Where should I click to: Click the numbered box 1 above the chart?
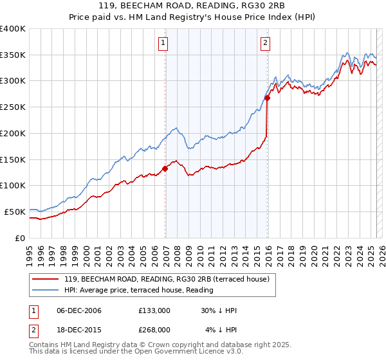(x=163, y=44)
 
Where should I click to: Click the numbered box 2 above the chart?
(x=265, y=44)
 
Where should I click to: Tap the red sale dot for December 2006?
(x=165, y=168)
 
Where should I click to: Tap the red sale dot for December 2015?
(x=268, y=98)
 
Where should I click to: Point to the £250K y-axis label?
(x=12, y=107)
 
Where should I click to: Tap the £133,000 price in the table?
(x=154, y=310)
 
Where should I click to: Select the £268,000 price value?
(x=154, y=330)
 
